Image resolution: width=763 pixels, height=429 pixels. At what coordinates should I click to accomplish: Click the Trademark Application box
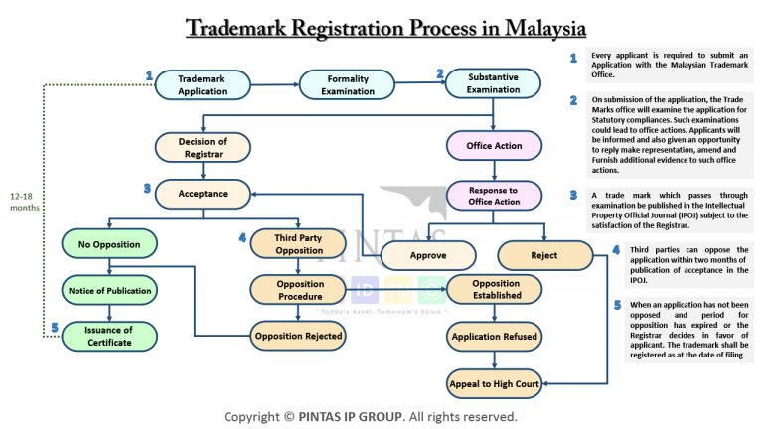(203, 84)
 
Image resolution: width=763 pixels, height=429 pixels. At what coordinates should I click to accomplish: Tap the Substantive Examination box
(493, 83)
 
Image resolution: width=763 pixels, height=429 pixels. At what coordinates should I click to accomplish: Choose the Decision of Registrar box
(203, 147)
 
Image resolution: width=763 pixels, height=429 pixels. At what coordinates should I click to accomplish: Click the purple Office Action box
(493, 146)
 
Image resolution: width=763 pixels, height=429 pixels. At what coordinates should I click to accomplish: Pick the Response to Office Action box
(493, 195)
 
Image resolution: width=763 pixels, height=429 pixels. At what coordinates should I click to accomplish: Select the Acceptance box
(203, 193)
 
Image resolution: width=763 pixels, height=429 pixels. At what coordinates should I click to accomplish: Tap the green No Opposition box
(108, 243)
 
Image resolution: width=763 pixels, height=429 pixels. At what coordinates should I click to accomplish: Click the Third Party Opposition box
(299, 243)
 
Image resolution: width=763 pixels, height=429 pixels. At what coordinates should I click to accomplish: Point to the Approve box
(427, 255)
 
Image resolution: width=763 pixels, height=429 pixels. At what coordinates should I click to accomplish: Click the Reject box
(543, 255)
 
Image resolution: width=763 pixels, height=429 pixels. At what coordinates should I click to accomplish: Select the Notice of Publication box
(108, 290)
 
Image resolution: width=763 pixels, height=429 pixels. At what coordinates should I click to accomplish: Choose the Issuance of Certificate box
(108, 336)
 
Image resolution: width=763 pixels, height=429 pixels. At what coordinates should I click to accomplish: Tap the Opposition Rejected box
(299, 336)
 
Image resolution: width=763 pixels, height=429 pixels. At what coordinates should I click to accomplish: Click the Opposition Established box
(496, 289)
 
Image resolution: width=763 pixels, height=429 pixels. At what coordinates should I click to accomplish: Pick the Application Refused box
(496, 336)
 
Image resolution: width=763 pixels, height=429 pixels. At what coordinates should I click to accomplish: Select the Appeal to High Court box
(496, 382)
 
